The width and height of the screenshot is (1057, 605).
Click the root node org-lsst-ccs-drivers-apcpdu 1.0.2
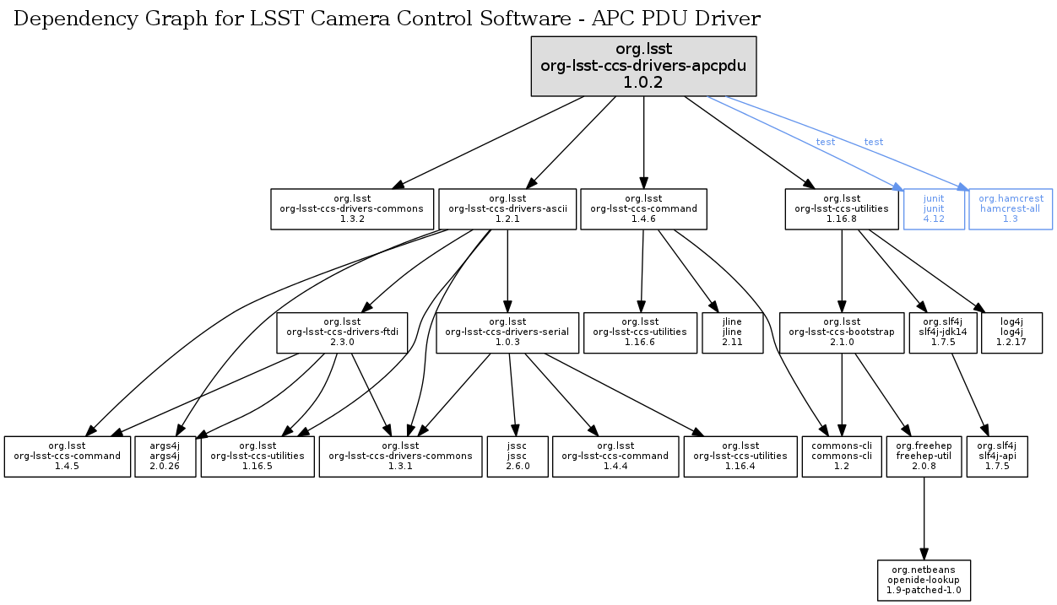[643, 66]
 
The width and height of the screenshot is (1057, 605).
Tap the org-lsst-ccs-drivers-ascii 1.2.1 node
[507, 208]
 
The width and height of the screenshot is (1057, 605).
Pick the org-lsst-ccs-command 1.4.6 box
[643, 208]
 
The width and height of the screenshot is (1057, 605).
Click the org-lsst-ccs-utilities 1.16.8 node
[842, 208]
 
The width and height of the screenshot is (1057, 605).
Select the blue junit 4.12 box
[933, 208]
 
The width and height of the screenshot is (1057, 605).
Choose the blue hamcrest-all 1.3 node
[1011, 208]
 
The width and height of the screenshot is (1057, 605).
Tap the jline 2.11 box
[732, 332]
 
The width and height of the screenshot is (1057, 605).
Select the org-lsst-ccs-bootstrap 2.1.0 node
[842, 332]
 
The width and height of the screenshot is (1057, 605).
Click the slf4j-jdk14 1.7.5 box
[941, 332]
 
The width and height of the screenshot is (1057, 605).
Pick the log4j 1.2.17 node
[1011, 332]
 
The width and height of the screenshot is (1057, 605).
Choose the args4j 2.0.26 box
[165, 456]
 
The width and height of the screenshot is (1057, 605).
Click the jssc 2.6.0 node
[518, 456]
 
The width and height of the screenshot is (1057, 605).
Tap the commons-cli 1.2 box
[842, 456]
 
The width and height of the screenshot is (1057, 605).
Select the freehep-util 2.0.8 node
[924, 456]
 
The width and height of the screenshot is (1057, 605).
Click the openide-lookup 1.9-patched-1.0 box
[924, 581]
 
